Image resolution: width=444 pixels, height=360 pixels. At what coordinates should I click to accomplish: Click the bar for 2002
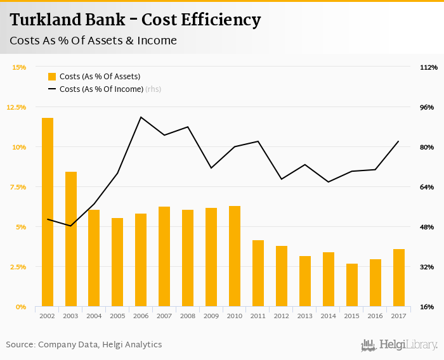coord(48,212)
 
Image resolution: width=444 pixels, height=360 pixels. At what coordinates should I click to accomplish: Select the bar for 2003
coord(71,239)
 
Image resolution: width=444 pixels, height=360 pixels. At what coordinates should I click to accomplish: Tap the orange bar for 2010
coord(235,256)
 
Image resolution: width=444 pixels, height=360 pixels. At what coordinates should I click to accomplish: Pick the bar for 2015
coord(352,285)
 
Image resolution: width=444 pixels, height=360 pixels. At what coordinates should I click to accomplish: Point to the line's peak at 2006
coord(141,117)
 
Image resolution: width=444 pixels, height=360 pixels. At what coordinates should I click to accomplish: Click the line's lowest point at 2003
coord(70,226)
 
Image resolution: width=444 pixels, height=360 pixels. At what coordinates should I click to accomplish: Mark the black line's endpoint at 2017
coord(399,141)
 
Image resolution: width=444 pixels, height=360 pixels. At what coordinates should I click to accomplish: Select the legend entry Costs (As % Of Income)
coord(101,89)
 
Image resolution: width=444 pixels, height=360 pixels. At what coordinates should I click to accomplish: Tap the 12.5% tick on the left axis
coord(16,107)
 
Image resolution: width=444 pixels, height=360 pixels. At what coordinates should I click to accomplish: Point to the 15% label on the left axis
coord(19,67)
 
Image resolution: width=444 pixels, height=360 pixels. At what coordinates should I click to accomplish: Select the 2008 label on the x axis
coord(188,316)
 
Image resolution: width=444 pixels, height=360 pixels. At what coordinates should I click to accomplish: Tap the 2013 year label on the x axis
coord(305,316)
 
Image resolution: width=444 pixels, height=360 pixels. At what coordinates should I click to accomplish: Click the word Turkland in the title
coord(45,20)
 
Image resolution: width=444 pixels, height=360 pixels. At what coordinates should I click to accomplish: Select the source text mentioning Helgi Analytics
coord(84,345)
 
